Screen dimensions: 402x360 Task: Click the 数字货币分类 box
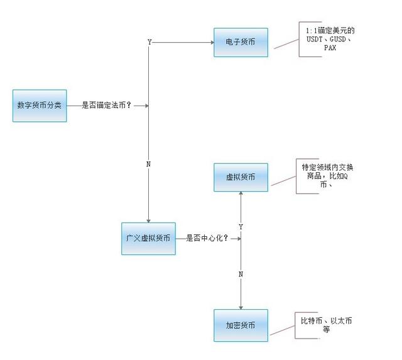[40, 106]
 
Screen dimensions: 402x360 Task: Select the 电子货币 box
[241, 42]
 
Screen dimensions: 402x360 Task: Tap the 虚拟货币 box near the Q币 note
[241, 177]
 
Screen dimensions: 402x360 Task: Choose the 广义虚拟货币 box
[148, 239]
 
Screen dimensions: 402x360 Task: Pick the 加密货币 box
[241, 325]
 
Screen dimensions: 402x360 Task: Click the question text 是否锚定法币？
[107, 105]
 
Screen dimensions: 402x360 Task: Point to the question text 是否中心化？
[207, 238]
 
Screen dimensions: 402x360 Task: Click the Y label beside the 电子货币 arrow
[149, 42]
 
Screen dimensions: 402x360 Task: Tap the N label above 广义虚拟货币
[148, 164]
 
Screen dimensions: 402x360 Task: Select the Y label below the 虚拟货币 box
[241, 227]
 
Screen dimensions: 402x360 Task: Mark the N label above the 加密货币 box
[241, 275]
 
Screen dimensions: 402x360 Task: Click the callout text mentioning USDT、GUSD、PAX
[330, 39]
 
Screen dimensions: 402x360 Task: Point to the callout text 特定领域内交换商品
[327, 176]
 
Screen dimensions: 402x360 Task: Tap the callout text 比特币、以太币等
[327, 325]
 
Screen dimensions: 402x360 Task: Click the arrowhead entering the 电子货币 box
[212, 42]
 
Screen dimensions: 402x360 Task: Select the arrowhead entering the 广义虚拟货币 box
[148, 221]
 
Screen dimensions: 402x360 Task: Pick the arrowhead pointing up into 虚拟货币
[241, 194]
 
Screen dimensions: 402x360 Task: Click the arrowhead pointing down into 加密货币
[241, 307]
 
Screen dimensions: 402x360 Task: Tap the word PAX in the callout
[330, 48]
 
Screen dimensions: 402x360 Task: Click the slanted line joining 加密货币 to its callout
[282, 330]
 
